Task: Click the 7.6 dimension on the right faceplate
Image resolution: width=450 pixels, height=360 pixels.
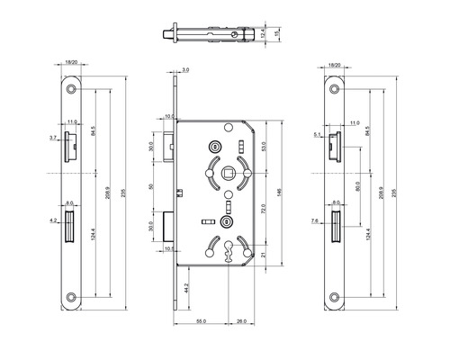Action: [x=320, y=218]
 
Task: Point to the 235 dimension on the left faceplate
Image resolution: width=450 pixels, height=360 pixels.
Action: [x=123, y=192]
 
